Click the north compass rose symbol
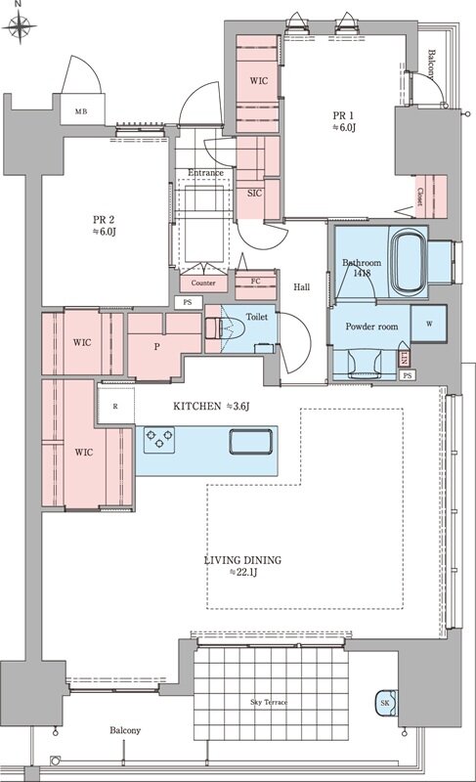click(x=19, y=25)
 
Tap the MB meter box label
click(x=81, y=111)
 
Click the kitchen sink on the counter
click(x=251, y=442)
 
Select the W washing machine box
click(x=429, y=324)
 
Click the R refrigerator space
click(x=115, y=406)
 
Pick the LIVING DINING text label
click(x=242, y=560)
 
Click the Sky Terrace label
click(x=269, y=702)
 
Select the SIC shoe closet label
click(x=255, y=193)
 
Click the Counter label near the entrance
click(x=203, y=282)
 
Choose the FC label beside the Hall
click(x=256, y=282)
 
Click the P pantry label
click(x=157, y=346)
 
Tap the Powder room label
click(x=371, y=326)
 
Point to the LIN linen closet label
click(x=405, y=358)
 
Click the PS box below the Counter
click(x=188, y=302)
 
